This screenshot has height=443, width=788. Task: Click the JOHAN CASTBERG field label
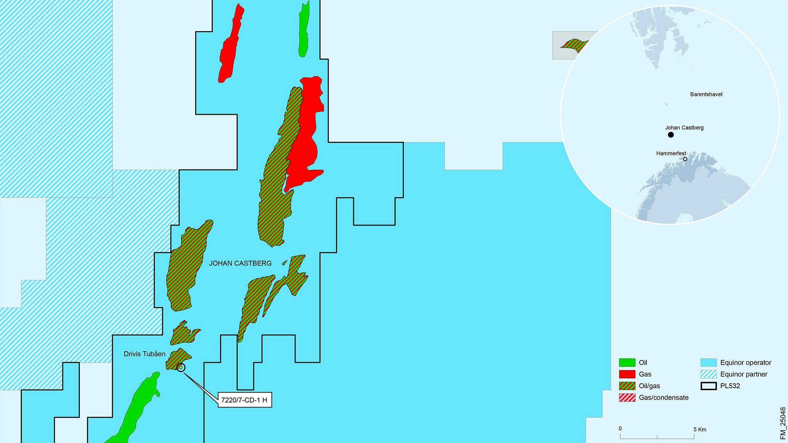click(x=240, y=263)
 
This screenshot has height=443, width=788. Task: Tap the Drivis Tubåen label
click(x=144, y=354)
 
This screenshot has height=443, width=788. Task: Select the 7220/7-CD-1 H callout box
click(x=245, y=400)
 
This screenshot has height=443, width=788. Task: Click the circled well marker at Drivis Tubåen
click(x=181, y=367)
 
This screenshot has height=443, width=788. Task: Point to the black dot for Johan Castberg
click(x=671, y=135)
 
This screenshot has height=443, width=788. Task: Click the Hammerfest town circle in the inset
click(x=685, y=159)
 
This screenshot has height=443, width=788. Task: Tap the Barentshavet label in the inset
click(x=706, y=94)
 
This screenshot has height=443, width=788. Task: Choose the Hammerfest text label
click(x=671, y=154)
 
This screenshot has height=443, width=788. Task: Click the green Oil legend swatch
click(x=627, y=363)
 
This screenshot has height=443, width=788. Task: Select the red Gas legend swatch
click(x=627, y=374)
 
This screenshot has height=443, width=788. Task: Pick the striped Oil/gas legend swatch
click(x=627, y=386)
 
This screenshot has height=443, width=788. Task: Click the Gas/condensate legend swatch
click(x=627, y=398)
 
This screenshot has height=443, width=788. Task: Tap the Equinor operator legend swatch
click(x=709, y=363)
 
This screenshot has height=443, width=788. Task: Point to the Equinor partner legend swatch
click(x=709, y=374)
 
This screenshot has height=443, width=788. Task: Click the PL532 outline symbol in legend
click(x=709, y=386)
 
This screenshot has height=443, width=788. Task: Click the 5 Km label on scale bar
click(x=700, y=429)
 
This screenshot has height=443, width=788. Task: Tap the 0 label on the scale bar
click(x=620, y=429)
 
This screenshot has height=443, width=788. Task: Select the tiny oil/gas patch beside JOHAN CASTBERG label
click(x=285, y=262)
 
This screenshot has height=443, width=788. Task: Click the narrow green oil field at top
click(x=304, y=29)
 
